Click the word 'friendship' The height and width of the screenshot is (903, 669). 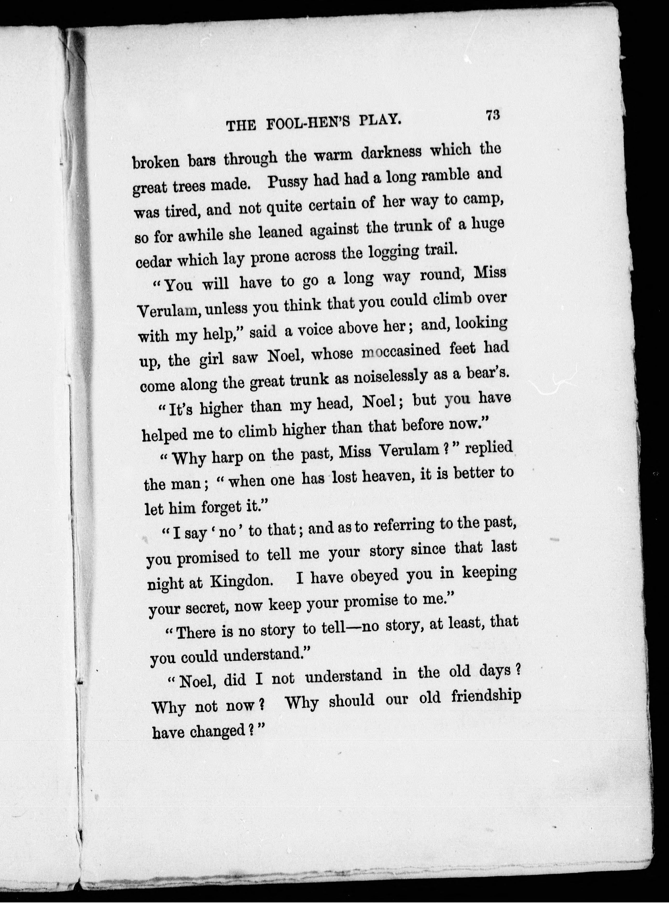click(486, 697)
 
